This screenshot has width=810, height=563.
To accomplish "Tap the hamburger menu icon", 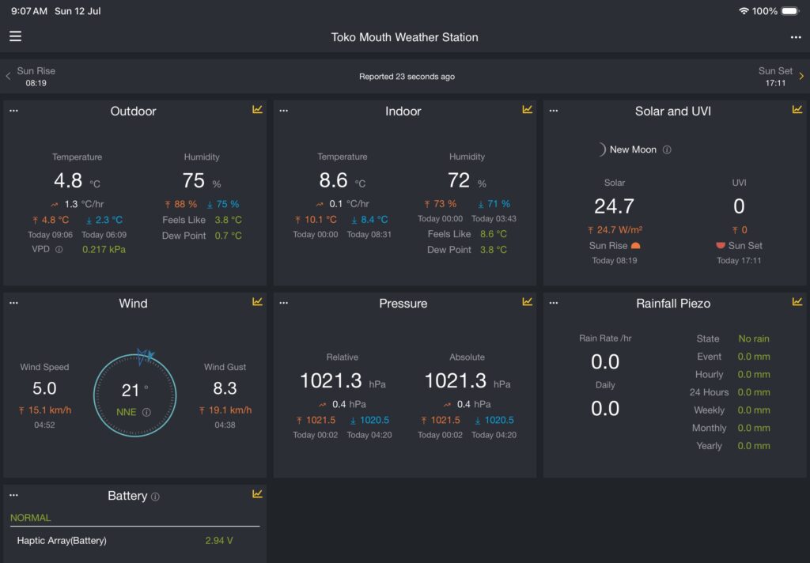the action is tap(16, 36).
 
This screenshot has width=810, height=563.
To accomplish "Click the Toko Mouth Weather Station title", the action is tap(404, 37).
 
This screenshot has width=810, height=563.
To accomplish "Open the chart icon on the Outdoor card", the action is tap(257, 109).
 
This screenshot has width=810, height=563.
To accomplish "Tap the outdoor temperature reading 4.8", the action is tap(68, 180).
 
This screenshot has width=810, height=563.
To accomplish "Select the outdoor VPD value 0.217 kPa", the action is tap(104, 250).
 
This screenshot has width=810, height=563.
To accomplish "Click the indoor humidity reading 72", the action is tap(459, 179).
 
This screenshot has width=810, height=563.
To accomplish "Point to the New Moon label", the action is tap(633, 149).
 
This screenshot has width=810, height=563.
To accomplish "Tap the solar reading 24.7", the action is tap(614, 206).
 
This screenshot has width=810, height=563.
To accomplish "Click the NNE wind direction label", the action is tap(127, 412).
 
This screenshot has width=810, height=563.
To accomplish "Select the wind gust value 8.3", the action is tap(225, 388).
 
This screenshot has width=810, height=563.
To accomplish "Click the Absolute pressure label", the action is tap(467, 357).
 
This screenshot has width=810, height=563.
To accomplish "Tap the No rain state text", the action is tap(754, 339).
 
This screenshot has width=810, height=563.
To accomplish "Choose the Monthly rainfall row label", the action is tap(710, 428).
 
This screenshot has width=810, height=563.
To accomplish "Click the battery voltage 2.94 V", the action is tap(219, 541).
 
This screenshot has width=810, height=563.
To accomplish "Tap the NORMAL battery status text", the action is tap(31, 518).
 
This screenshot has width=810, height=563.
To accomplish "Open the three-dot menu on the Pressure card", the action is tap(284, 303).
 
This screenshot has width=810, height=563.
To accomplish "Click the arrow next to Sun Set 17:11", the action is tap(801, 76).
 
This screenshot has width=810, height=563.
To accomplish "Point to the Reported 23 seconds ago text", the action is tap(407, 77).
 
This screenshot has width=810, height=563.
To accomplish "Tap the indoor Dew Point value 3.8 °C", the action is tap(494, 250).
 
